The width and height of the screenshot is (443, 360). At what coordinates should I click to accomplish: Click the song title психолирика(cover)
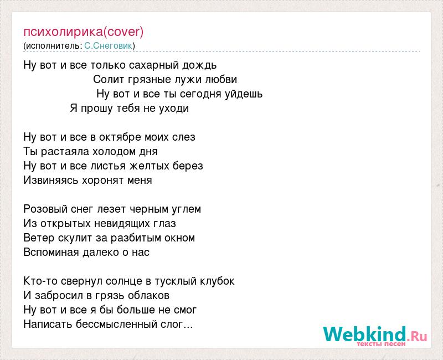coord(84,32)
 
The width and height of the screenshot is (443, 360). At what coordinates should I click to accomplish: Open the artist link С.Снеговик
coord(108,46)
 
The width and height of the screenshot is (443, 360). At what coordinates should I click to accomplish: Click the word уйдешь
coord(244,94)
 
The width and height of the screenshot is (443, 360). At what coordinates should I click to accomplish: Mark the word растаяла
coord(65,152)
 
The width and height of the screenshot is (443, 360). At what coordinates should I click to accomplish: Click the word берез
coord(189,166)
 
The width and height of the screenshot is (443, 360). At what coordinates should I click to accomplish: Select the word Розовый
coord(45,209)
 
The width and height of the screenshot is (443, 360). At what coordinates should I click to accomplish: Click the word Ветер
coord(39,238)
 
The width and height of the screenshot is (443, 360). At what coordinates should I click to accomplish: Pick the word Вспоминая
coord(51,253)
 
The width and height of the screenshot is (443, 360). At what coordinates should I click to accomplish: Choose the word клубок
coord(218,281)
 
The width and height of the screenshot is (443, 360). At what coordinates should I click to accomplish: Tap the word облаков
coord(148,296)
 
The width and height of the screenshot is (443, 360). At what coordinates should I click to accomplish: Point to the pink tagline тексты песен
coord(381,344)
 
